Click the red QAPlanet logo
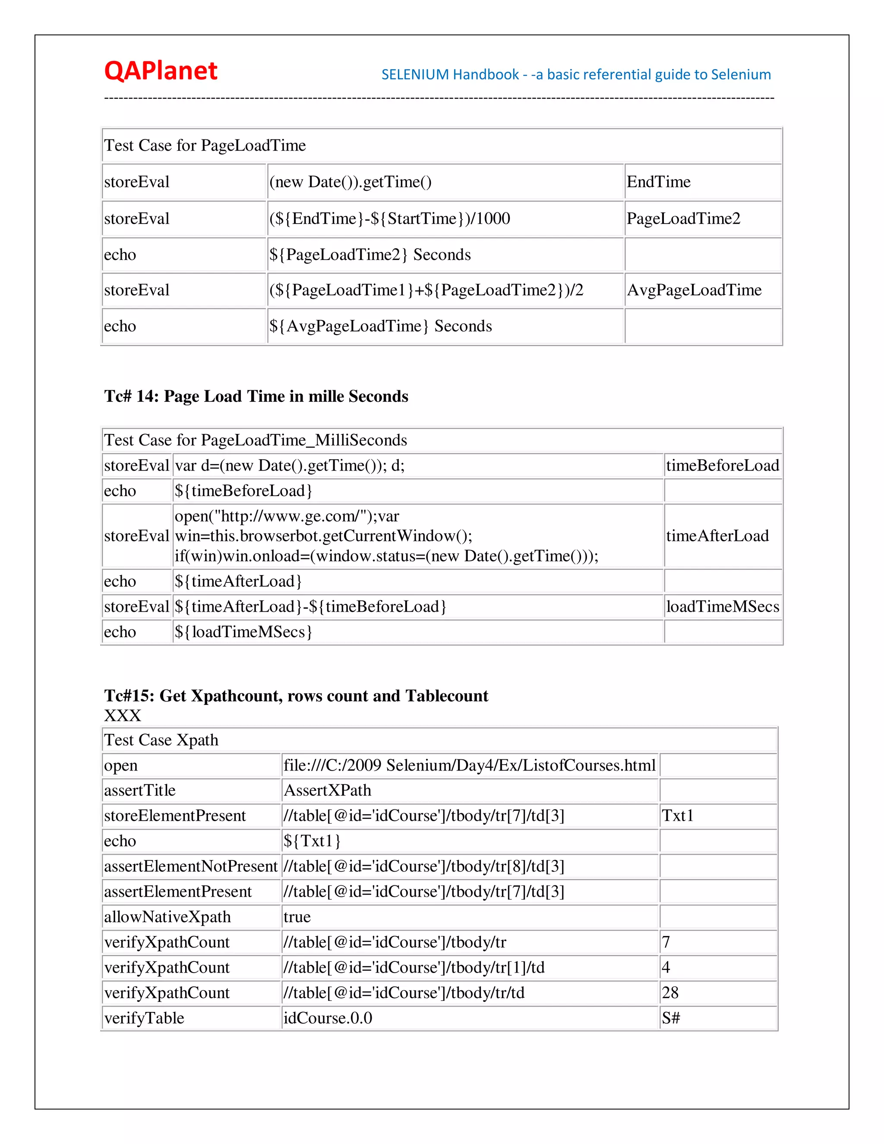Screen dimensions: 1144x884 click(160, 71)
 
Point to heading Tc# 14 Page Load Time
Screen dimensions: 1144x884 click(256, 396)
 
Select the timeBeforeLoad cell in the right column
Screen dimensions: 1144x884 click(722, 465)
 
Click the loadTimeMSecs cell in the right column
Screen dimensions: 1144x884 click(722, 607)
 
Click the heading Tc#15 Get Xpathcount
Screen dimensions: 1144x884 click(296, 695)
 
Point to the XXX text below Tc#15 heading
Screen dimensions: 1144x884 click(123, 715)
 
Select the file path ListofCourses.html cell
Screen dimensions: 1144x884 click(469, 765)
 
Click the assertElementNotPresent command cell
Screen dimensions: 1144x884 click(191, 866)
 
